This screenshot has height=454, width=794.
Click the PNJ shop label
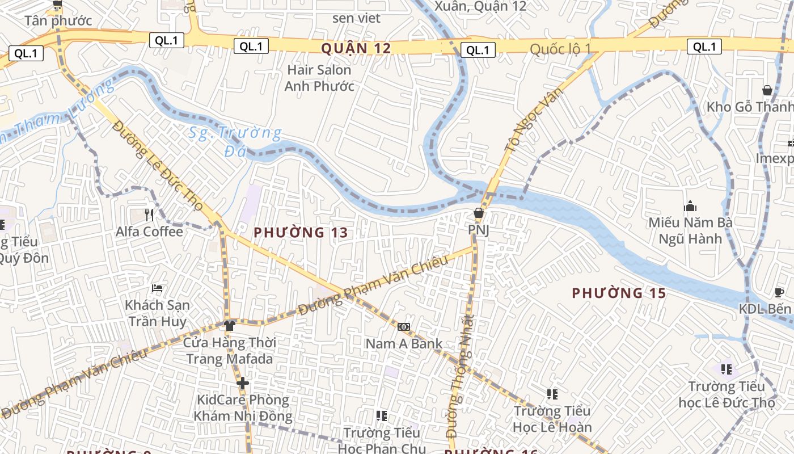coord(478,230)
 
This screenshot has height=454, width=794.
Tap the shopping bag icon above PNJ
coord(479,213)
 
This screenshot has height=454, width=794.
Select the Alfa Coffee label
coord(149,232)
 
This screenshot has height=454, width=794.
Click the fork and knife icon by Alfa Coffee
coord(149,215)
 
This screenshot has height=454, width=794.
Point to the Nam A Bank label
coord(404,343)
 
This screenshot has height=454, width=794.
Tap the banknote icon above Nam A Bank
coord(404,326)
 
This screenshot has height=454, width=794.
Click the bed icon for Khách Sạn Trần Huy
coord(157,288)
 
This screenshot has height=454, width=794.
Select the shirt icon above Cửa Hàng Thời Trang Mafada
coord(229,325)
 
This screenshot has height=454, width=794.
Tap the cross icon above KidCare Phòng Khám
coord(243,383)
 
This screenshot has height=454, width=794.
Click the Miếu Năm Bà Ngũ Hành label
coord(690,230)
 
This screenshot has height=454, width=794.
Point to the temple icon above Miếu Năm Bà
coord(690,205)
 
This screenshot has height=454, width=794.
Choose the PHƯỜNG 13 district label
coord(301,233)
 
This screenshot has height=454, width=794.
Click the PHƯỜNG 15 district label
coord(619,293)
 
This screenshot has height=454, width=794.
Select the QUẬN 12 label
coord(356,49)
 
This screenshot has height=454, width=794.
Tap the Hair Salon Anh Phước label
coord(319,78)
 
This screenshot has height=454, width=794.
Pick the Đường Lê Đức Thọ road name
coord(157,165)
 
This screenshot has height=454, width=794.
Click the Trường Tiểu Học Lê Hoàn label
coord(552,419)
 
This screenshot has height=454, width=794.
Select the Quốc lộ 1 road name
coord(560,49)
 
